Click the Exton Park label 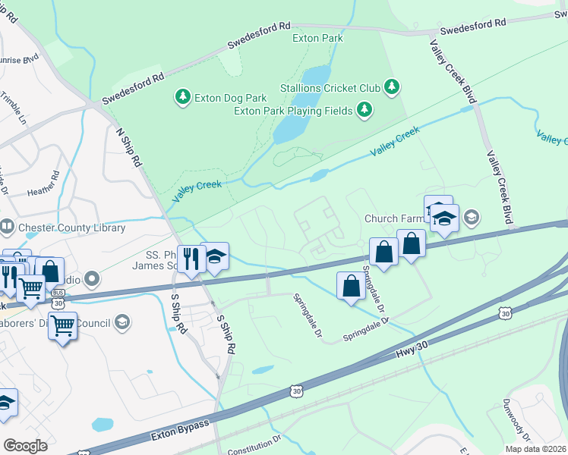pyautogui.click(x=317, y=38)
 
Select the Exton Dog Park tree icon pyautogui.click(x=182, y=97)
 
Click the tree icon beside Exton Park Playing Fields pyautogui.click(x=365, y=111)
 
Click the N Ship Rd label pyautogui.click(x=128, y=147)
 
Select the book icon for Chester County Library pyautogui.click(x=7, y=227)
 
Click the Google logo pyautogui.click(x=25, y=446)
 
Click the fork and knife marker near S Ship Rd pyautogui.click(x=191, y=259)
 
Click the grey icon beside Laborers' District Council pyautogui.click(x=121, y=323)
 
